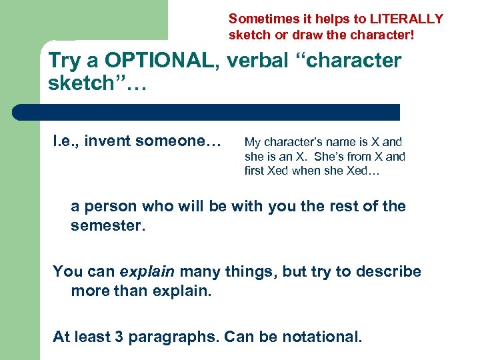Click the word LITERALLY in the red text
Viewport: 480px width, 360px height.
pos(403,19)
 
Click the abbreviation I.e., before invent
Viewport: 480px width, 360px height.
pos(67,141)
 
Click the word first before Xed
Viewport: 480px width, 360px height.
pos(255,171)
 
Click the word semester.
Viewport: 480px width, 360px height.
pos(107,227)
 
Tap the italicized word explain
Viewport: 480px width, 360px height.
pos(147,272)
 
